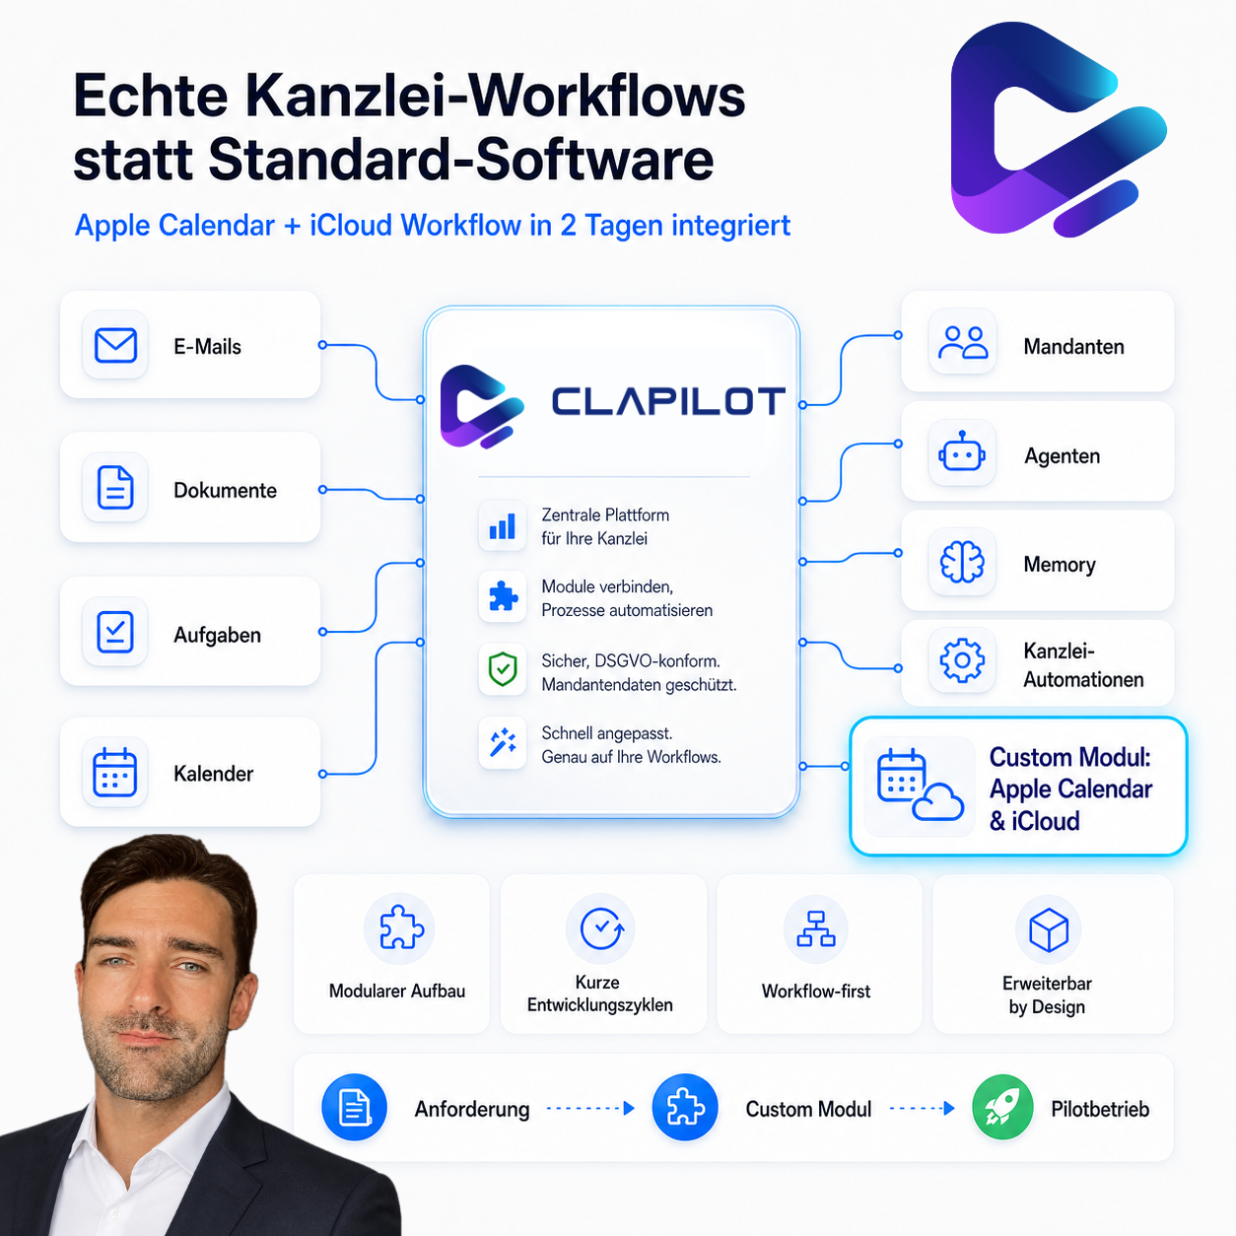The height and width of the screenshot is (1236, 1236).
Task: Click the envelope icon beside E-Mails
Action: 115,345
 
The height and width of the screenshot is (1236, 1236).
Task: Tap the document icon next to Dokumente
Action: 115,488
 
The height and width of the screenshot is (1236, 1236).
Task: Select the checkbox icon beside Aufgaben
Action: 115,632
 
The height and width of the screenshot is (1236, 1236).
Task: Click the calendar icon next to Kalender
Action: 114,773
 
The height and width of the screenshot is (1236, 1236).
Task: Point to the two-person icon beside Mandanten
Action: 963,342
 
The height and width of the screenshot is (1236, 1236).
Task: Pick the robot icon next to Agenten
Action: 962,451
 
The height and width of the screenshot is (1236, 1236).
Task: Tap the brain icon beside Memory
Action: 962,562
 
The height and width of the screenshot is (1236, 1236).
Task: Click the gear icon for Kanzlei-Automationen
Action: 962,660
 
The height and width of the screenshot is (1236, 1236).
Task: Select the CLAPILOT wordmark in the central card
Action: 668,401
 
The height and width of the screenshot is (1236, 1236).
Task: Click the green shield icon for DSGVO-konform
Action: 503,669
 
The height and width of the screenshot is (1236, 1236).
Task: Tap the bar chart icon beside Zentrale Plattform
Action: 503,526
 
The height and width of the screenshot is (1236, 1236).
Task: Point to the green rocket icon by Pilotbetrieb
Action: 1002,1108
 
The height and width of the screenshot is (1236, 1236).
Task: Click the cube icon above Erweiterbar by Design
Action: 1048,929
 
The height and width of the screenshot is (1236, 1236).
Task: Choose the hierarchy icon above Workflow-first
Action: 816,928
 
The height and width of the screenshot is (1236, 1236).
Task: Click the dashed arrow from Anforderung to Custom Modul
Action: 590,1108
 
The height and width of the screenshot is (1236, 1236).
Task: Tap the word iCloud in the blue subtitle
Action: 350,225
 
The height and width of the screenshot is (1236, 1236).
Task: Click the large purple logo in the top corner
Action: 1059,129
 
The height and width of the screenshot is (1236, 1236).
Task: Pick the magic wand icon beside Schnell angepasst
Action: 503,742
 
